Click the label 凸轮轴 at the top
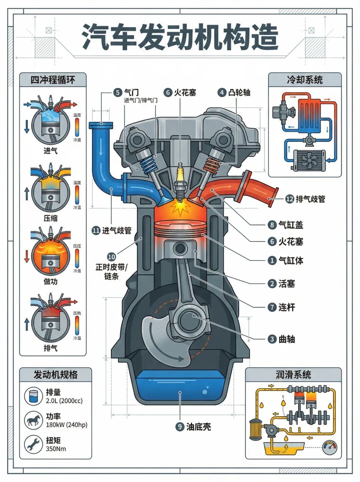point(239,92)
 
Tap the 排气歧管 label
point(310,199)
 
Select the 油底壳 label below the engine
point(198,427)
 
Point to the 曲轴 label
point(287,339)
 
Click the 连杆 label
point(287,307)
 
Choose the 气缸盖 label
point(291,225)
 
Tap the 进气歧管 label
point(116,230)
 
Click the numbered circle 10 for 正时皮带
point(111,257)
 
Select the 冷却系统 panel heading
point(305,80)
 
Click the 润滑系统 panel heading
point(293,375)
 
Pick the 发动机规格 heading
point(55,375)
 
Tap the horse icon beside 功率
point(33,420)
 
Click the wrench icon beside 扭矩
point(33,444)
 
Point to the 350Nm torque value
point(56,449)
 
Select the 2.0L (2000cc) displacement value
point(64,401)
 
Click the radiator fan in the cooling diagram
point(309,160)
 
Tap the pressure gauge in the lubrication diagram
point(330,447)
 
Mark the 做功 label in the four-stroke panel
point(50,281)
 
